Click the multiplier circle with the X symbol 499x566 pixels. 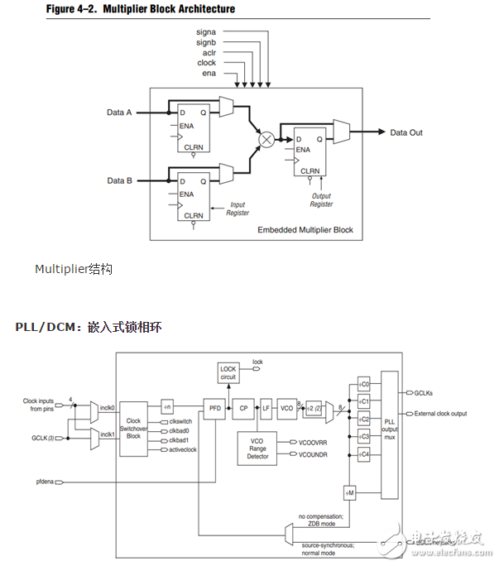tap(266, 140)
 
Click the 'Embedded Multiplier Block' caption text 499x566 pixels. tap(305, 229)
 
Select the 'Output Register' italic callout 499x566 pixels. tap(321, 199)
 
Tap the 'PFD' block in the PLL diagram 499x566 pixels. tap(214, 408)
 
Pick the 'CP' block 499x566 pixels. tap(243, 408)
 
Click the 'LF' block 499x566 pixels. tap(266, 408)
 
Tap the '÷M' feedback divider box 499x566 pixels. tap(350, 493)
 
